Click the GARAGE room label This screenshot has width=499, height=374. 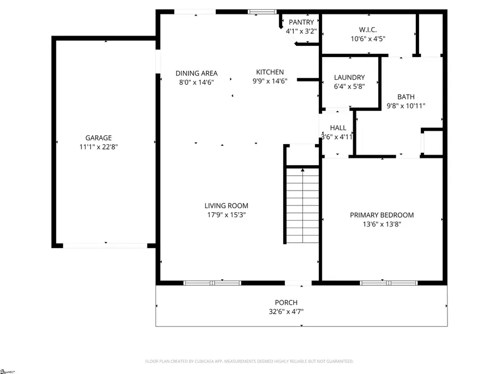point(98,138)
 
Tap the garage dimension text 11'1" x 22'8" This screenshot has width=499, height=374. point(98,147)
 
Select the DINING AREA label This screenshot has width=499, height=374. point(196,73)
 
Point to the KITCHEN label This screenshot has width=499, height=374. point(270,72)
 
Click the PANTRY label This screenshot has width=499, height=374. point(301,22)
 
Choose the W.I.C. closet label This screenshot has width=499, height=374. point(368,29)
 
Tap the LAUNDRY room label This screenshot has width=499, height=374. point(349,77)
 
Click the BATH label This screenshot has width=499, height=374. point(405,96)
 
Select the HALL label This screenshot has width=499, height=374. point(338,127)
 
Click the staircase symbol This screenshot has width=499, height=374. point(303,205)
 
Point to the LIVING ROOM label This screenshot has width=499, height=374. point(226,206)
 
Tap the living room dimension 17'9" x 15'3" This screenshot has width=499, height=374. point(226,214)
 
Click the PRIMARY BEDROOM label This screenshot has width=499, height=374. point(381,215)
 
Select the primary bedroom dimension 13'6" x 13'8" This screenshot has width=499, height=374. point(381,224)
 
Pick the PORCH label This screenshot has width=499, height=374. point(286,303)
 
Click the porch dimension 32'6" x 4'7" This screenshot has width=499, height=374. point(286,311)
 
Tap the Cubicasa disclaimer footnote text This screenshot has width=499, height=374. point(249,361)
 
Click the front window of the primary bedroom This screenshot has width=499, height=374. point(381,283)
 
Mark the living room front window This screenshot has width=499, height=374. point(212,283)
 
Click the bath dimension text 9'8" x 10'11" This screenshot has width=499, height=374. point(405,105)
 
